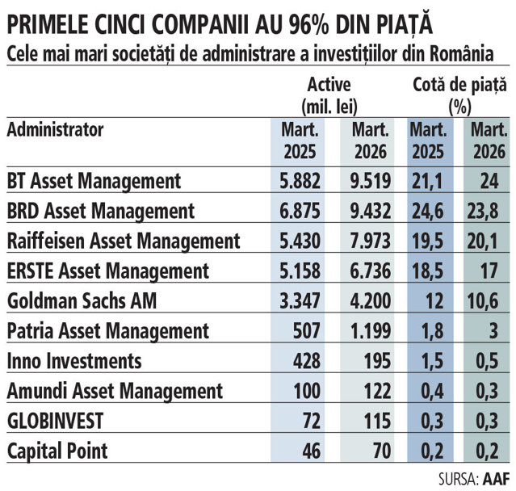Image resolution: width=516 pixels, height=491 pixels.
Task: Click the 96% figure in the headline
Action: tap(309, 25)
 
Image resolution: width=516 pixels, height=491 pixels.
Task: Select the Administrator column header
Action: tap(55, 130)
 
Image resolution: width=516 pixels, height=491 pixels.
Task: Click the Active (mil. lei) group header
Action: tap(329, 96)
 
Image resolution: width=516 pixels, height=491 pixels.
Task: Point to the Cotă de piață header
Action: tap(459, 96)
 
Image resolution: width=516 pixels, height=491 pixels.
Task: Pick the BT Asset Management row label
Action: tap(94, 181)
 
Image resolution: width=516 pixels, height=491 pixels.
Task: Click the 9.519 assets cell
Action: tap(371, 181)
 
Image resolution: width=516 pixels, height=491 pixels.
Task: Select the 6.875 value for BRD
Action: tap(300, 211)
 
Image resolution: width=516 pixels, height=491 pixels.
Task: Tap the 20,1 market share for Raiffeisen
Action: tap(482, 241)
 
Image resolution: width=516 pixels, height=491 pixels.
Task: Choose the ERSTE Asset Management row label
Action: tap(108, 271)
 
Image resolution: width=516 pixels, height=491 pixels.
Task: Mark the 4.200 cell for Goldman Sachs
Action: tap(371, 300)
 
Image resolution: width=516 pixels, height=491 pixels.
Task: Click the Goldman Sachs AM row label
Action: tap(82, 300)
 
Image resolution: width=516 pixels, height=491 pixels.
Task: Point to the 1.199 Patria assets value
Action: tap(371, 331)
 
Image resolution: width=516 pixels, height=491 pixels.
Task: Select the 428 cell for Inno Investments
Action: tap(307, 361)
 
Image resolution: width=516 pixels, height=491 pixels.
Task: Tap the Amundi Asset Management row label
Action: tap(115, 391)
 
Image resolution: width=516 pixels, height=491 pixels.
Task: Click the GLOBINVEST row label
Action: tap(55, 421)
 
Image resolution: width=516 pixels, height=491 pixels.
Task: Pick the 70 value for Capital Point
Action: tap(382, 451)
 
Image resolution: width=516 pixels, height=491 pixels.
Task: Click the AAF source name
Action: tap(497, 479)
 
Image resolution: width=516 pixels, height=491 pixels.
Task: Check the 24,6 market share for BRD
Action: tap(427, 211)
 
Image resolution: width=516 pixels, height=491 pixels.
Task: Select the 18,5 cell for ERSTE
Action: tap(427, 271)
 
